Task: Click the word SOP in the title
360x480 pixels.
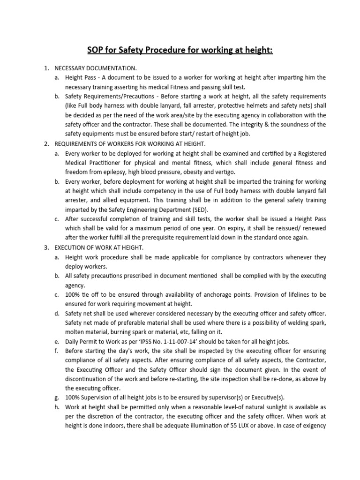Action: click(96, 50)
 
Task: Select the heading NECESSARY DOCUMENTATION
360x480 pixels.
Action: click(96, 68)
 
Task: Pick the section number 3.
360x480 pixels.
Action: click(46, 247)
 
